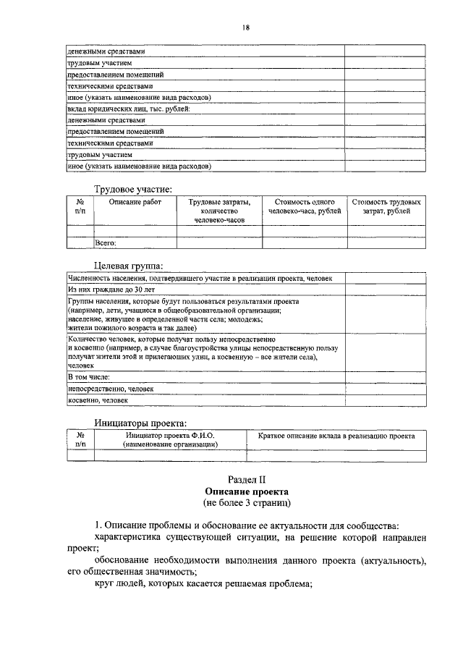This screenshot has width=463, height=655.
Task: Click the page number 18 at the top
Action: (246, 28)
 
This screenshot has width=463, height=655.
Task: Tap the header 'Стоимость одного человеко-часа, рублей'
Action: (304, 206)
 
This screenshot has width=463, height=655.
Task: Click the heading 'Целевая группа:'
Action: (128, 265)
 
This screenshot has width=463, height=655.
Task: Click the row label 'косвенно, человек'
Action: (98, 400)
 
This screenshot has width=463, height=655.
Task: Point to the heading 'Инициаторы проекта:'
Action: (140, 423)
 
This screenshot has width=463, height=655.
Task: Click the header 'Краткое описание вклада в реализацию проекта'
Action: (336, 436)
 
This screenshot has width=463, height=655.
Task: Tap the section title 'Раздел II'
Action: (247, 478)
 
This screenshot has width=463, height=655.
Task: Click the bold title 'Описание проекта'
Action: (247, 490)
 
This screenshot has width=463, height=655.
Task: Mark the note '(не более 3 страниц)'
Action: (247, 502)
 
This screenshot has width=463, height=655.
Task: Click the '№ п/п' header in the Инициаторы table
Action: (80, 441)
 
